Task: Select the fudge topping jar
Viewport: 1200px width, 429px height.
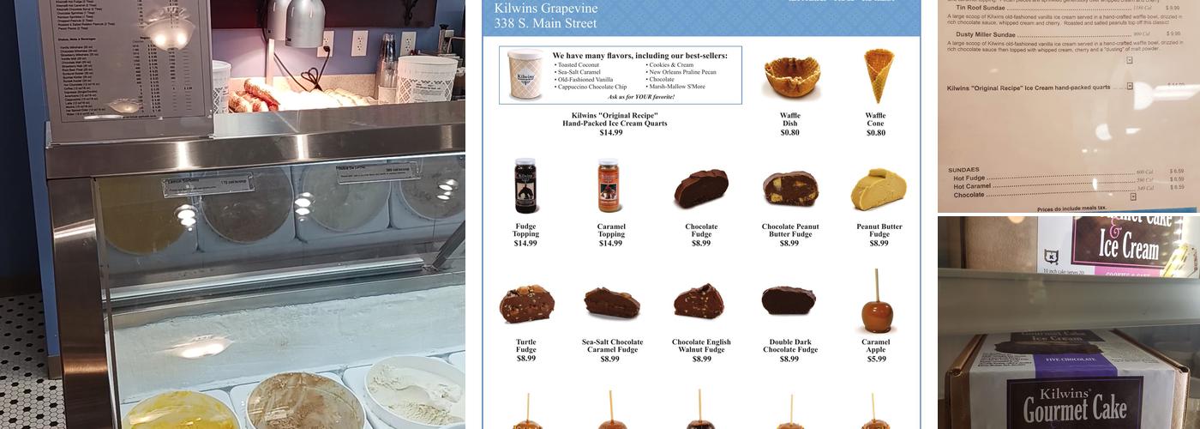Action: coord(525,185)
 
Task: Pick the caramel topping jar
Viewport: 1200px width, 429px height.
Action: coord(609,185)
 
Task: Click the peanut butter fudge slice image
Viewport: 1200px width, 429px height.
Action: coord(878,189)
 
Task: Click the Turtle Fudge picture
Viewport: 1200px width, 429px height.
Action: coord(526,304)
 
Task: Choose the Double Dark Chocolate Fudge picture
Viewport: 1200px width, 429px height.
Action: coord(789,300)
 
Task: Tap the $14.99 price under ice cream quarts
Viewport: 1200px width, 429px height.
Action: coord(611,133)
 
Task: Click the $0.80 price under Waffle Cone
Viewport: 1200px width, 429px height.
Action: coord(875,133)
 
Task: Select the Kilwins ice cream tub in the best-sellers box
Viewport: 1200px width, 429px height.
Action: coord(525,75)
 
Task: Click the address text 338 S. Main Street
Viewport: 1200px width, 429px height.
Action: coord(545,23)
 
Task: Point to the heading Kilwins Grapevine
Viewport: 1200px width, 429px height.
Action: coord(545,9)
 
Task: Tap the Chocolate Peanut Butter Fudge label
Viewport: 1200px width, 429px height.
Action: coord(789,231)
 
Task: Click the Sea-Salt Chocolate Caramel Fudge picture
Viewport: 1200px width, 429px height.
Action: coord(612,302)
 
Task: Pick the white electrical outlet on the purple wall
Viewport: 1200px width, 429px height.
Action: coord(359,43)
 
